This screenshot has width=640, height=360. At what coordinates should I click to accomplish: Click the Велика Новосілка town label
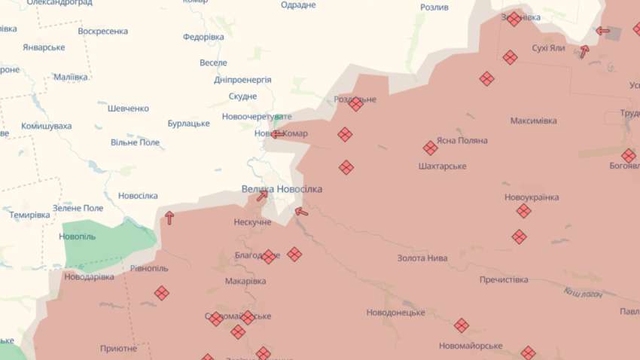[282, 189]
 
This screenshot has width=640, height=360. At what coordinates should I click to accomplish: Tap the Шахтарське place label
[442, 166]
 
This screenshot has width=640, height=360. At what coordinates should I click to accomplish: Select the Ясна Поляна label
[461, 141]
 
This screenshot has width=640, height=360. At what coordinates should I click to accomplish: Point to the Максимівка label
[533, 121]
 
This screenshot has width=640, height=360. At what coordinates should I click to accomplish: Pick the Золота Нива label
[422, 258]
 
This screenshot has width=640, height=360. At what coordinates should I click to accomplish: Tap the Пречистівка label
[504, 280]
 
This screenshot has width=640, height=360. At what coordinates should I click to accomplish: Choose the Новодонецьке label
[395, 313]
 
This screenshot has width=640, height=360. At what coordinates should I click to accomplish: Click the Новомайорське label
[471, 346]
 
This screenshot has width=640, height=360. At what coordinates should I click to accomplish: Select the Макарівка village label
[245, 282]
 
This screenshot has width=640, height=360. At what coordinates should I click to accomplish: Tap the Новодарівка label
[89, 277]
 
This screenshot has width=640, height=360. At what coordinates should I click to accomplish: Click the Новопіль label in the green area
[77, 236]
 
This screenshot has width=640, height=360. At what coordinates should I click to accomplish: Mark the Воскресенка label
[102, 32]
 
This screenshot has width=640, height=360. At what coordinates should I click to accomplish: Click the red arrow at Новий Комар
[278, 135]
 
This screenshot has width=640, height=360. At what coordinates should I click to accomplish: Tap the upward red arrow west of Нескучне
[169, 218]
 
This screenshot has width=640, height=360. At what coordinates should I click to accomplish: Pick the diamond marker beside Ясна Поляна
[430, 148]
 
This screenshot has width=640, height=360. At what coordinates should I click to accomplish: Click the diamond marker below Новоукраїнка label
[523, 211]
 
